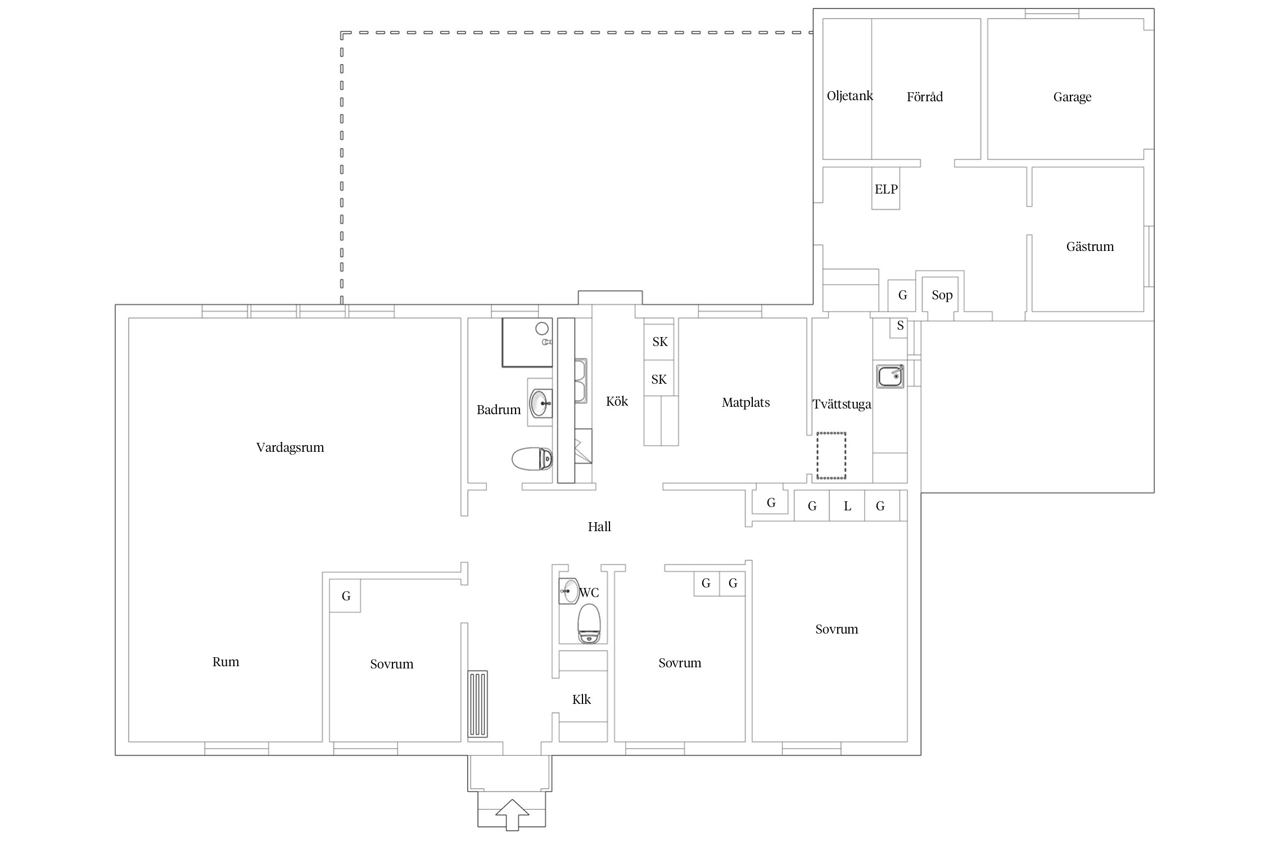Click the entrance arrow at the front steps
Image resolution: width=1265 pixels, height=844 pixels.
pyautogui.click(x=512, y=814)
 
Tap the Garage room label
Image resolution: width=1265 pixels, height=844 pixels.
pyautogui.click(x=1072, y=97)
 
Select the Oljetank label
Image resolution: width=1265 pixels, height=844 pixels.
pyautogui.click(x=850, y=96)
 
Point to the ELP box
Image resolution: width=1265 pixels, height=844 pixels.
pyautogui.click(x=885, y=188)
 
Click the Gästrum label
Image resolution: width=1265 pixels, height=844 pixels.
pyautogui.click(x=1090, y=246)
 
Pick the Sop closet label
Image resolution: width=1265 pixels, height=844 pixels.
pyautogui.click(x=942, y=295)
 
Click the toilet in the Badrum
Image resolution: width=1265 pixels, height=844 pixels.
pyautogui.click(x=532, y=459)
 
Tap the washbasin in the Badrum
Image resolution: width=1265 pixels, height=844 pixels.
pyautogui.click(x=541, y=403)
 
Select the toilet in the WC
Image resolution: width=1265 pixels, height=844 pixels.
pyautogui.click(x=589, y=623)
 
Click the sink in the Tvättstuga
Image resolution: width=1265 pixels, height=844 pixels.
pyautogui.click(x=890, y=376)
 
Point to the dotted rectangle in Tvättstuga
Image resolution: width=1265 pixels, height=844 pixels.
pyautogui.click(x=831, y=456)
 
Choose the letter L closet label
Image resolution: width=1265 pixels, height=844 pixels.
pyautogui.click(x=847, y=506)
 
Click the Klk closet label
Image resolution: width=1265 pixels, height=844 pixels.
pyautogui.click(x=581, y=699)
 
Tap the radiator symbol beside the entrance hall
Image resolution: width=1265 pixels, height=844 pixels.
pyautogui.click(x=478, y=704)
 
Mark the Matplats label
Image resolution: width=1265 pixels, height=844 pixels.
pyautogui.click(x=746, y=402)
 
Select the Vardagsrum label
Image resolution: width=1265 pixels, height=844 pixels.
pyautogui.click(x=290, y=447)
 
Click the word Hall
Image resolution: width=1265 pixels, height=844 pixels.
pyautogui.click(x=599, y=527)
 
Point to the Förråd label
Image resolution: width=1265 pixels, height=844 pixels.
pyautogui.click(x=924, y=97)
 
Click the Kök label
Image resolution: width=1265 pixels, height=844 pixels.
pyautogui.click(x=617, y=401)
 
